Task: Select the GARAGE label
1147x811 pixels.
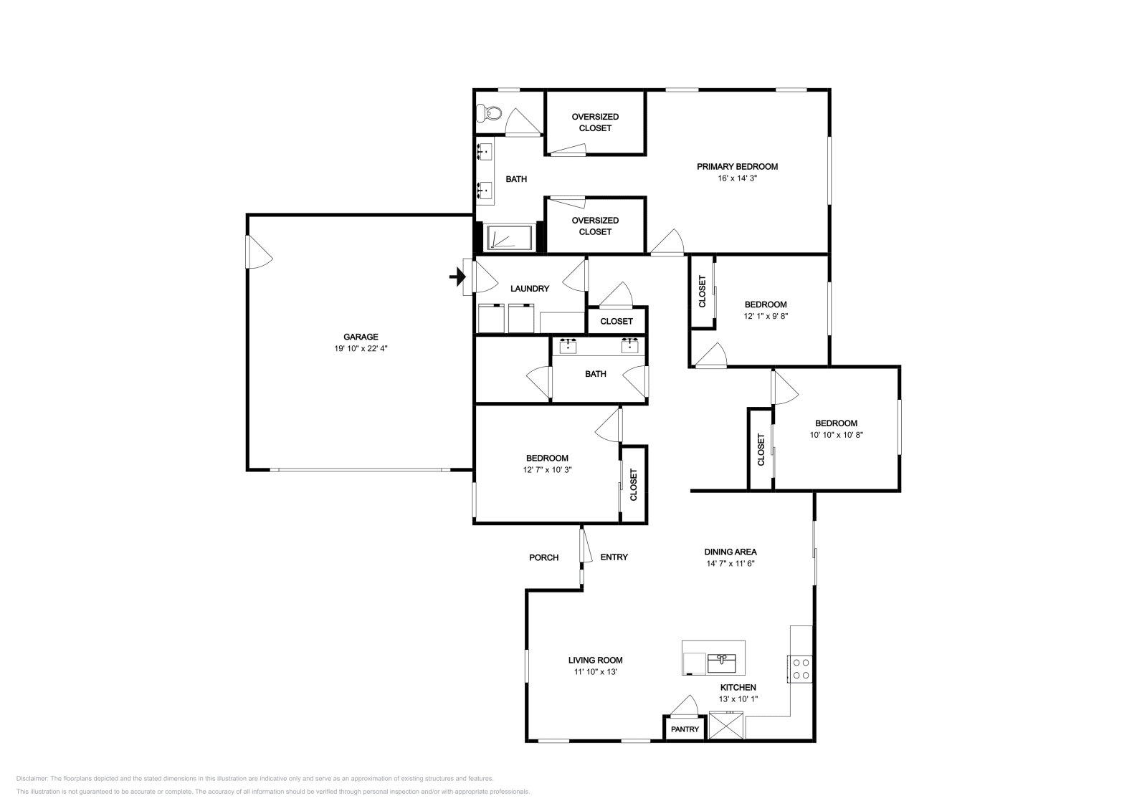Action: (361, 337)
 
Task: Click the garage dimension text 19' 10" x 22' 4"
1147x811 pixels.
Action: (361, 348)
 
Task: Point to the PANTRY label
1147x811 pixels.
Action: (685, 729)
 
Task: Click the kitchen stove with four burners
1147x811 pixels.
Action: (801, 668)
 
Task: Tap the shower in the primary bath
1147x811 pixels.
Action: (510, 237)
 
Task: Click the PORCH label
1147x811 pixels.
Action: (543, 557)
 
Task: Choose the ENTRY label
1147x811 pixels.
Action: (614, 557)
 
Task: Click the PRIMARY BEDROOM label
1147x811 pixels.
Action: (737, 166)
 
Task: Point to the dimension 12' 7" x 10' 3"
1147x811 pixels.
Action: (547, 470)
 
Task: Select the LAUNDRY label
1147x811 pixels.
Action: (529, 289)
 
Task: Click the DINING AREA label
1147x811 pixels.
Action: (730, 552)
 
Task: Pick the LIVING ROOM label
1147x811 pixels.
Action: (595, 661)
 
